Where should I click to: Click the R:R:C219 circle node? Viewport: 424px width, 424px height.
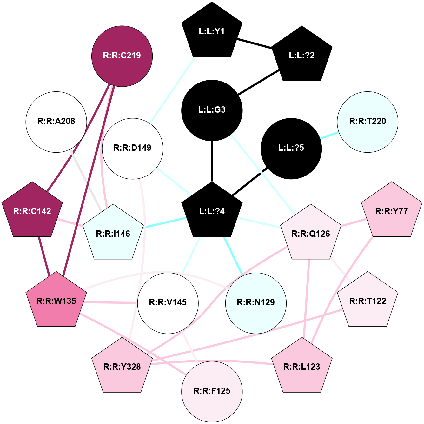(122, 56)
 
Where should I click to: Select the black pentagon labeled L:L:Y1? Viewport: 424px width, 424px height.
(212, 32)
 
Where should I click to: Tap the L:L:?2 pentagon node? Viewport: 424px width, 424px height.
(301, 56)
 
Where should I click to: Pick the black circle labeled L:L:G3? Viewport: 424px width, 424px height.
(212, 110)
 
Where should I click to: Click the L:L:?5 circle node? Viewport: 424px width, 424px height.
(291, 148)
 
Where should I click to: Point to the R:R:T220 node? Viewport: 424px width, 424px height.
(368, 122)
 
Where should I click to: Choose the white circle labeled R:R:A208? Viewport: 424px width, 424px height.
(56, 122)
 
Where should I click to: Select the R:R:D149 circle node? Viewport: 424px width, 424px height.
(132, 148)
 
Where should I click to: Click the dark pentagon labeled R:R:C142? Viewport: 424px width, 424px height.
(32, 211)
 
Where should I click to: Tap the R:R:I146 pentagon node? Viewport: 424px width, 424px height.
(113, 234)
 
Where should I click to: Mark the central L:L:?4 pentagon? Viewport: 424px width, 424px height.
(212, 211)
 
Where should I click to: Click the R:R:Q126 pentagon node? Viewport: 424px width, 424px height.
(311, 234)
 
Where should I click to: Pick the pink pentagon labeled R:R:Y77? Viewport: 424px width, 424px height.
(392, 211)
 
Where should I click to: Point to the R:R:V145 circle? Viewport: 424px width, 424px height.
(168, 303)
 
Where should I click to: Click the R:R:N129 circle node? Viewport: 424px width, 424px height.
(256, 303)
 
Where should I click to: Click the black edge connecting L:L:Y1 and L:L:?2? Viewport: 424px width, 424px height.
(254, 43)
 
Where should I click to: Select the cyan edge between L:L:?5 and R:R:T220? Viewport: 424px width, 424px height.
(329, 135)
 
